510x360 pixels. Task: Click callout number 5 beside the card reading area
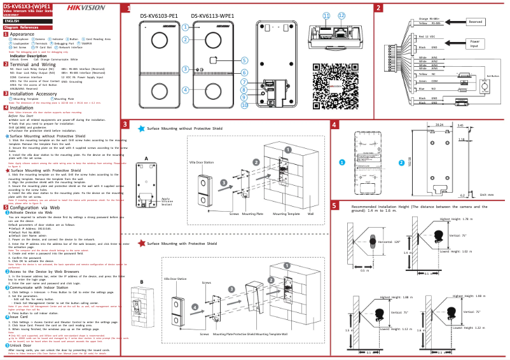[x=244, y=60]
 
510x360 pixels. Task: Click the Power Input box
[x=474, y=44]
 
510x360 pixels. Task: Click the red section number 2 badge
[x=378, y=8]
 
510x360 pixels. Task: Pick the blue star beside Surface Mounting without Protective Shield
[x=141, y=128]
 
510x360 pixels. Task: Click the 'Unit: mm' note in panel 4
[x=486, y=195]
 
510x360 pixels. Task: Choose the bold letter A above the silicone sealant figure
[x=146, y=158]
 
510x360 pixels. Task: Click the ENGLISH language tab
[x=11, y=21]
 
